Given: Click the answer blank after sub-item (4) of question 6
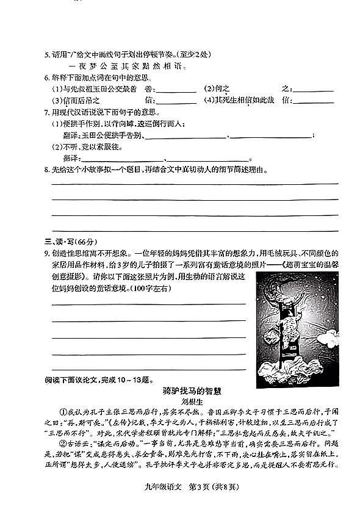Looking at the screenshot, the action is (314, 102).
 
